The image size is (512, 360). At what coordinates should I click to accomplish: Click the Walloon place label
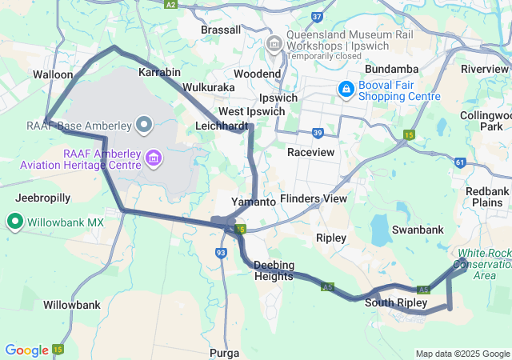click(53, 74)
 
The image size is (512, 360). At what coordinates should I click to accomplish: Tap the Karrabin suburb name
click(158, 73)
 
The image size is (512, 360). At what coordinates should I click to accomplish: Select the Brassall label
click(221, 30)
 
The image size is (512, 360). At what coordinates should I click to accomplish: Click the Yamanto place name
click(253, 202)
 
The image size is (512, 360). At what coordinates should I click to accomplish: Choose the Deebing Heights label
click(274, 270)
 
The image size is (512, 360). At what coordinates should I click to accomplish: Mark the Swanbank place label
click(418, 230)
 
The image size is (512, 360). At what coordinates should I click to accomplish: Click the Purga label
click(223, 353)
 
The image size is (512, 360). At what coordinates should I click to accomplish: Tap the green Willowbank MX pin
click(14, 222)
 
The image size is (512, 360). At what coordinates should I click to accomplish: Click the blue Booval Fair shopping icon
click(346, 88)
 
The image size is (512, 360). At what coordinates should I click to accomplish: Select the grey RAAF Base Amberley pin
click(145, 124)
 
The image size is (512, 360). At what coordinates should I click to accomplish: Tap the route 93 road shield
click(221, 253)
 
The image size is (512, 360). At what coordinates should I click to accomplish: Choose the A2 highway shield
click(170, 4)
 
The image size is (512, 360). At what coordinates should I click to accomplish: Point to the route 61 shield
click(459, 162)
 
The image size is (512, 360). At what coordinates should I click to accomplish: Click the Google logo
click(26, 350)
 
